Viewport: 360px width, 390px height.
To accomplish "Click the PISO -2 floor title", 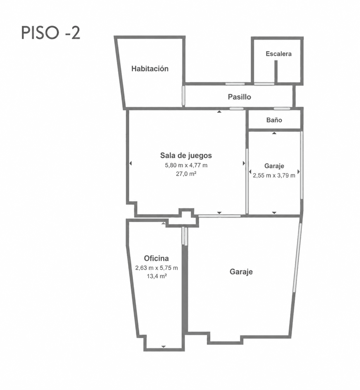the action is tap(51, 33).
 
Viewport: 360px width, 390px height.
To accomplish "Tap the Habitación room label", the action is tap(150, 68).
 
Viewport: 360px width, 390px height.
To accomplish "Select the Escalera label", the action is tap(278, 54).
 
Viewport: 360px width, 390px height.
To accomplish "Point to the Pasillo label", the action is tap(239, 97).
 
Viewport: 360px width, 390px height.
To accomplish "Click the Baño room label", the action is tap(274, 120).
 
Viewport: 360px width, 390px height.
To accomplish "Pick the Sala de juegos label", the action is tap(186, 155).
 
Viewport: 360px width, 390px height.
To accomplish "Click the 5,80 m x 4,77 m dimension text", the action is tap(186, 165).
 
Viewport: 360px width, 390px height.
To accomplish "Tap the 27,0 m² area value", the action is tap(186, 174).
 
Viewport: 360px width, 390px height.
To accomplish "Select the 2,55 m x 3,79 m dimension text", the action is tap(274, 175).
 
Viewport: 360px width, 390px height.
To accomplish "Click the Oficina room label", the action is tap(156, 258).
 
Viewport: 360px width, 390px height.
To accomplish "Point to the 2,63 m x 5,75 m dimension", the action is tap(157, 268).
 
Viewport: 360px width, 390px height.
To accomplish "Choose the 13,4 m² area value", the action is tap(157, 276).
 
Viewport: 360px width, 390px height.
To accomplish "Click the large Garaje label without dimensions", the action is tap(241, 272).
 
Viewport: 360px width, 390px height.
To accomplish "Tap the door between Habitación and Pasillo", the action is tap(183, 96).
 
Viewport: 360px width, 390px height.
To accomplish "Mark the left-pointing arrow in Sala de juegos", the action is tap(131, 163).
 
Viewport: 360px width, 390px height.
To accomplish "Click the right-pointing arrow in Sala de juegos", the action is tap(244, 163).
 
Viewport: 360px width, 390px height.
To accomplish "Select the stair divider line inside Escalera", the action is tap(276, 71).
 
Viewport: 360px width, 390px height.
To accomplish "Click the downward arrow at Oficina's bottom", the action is tap(163, 347).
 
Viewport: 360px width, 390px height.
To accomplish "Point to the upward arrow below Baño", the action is tap(274, 133).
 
